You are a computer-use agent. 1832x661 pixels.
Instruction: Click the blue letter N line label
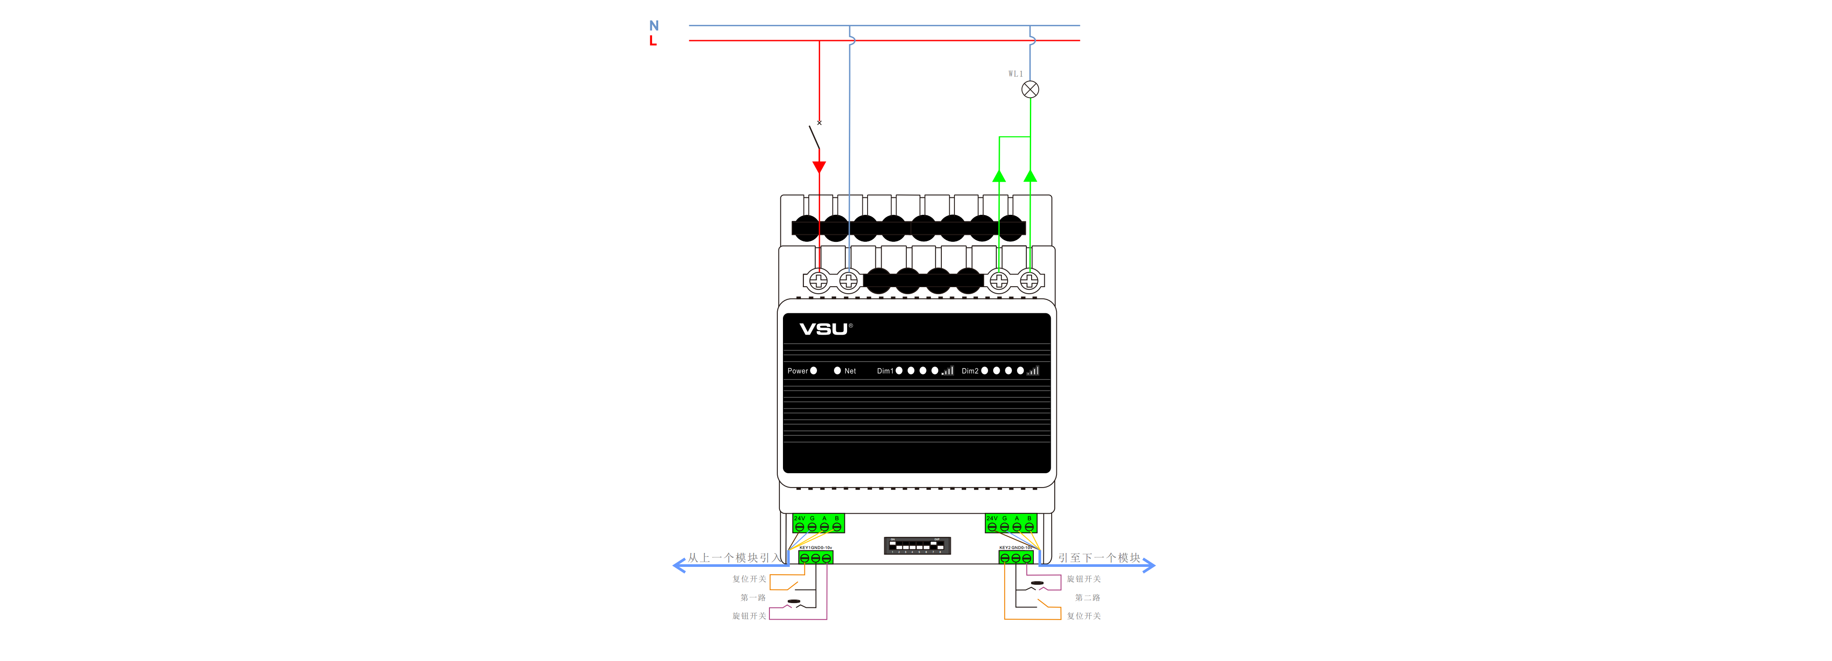(x=653, y=26)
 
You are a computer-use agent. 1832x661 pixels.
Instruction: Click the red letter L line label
(x=652, y=41)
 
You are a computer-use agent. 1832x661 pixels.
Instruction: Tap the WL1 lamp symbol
(x=1030, y=90)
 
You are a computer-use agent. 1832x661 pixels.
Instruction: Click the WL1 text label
(x=1015, y=74)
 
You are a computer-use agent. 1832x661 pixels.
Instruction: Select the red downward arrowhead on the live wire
(x=819, y=167)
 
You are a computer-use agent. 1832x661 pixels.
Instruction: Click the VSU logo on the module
(x=824, y=329)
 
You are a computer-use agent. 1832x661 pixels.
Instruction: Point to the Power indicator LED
(x=813, y=371)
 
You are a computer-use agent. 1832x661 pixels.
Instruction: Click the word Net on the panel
(x=850, y=371)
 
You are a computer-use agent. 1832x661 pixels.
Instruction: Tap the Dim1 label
(x=885, y=371)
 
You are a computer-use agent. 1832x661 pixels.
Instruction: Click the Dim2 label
(x=969, y=371)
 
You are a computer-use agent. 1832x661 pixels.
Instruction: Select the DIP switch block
(x=917, y=546)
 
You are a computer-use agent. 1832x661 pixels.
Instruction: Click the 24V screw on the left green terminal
(x=800, y=527)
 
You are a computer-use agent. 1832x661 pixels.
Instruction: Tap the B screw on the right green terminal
(x=1029, y=527)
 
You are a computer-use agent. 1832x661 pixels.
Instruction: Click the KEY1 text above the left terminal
(x=804, y=548)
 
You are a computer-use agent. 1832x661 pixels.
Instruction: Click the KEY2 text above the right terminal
(x=1004, y=548)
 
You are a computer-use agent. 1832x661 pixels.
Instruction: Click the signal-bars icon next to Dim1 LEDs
(x=947, y=370)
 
